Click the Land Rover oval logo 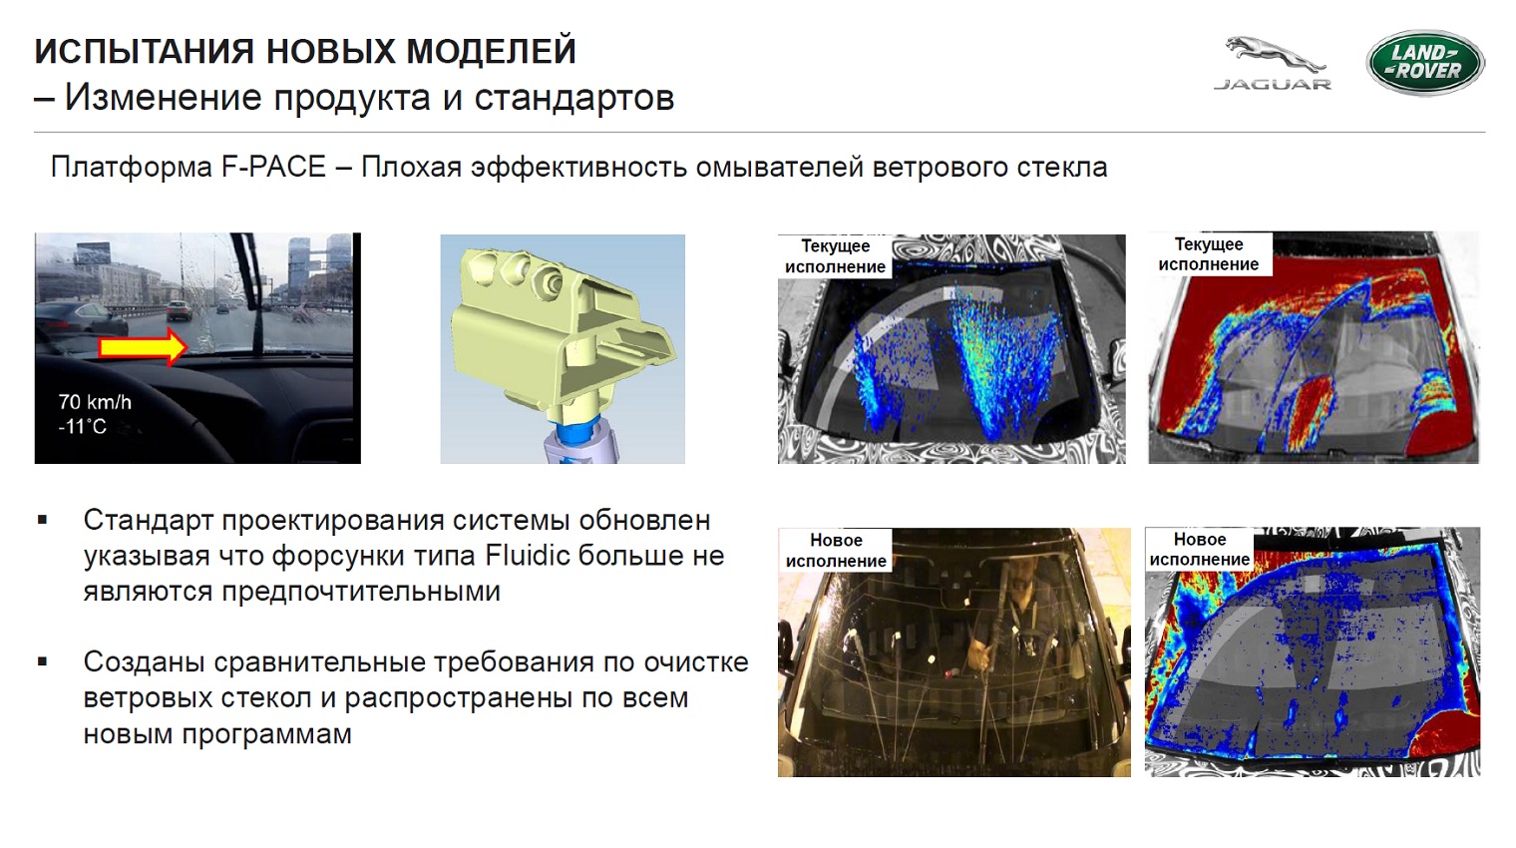pos(1425,62)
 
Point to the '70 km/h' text pos(95,402)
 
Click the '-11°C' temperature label pos(82,426)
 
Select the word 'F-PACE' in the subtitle pos(273,168)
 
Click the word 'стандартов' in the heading pos(573,98)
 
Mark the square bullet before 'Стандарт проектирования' pos(43,520)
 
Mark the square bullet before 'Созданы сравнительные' pos(43,661)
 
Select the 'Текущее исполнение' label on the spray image pos(835,256)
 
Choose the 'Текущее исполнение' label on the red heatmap pos(1208,254)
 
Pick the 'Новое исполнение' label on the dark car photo pos(836,551)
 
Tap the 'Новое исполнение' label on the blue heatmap pos(1199,550)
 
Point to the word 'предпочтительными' pos(291,591)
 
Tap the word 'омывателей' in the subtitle pos(780,168)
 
